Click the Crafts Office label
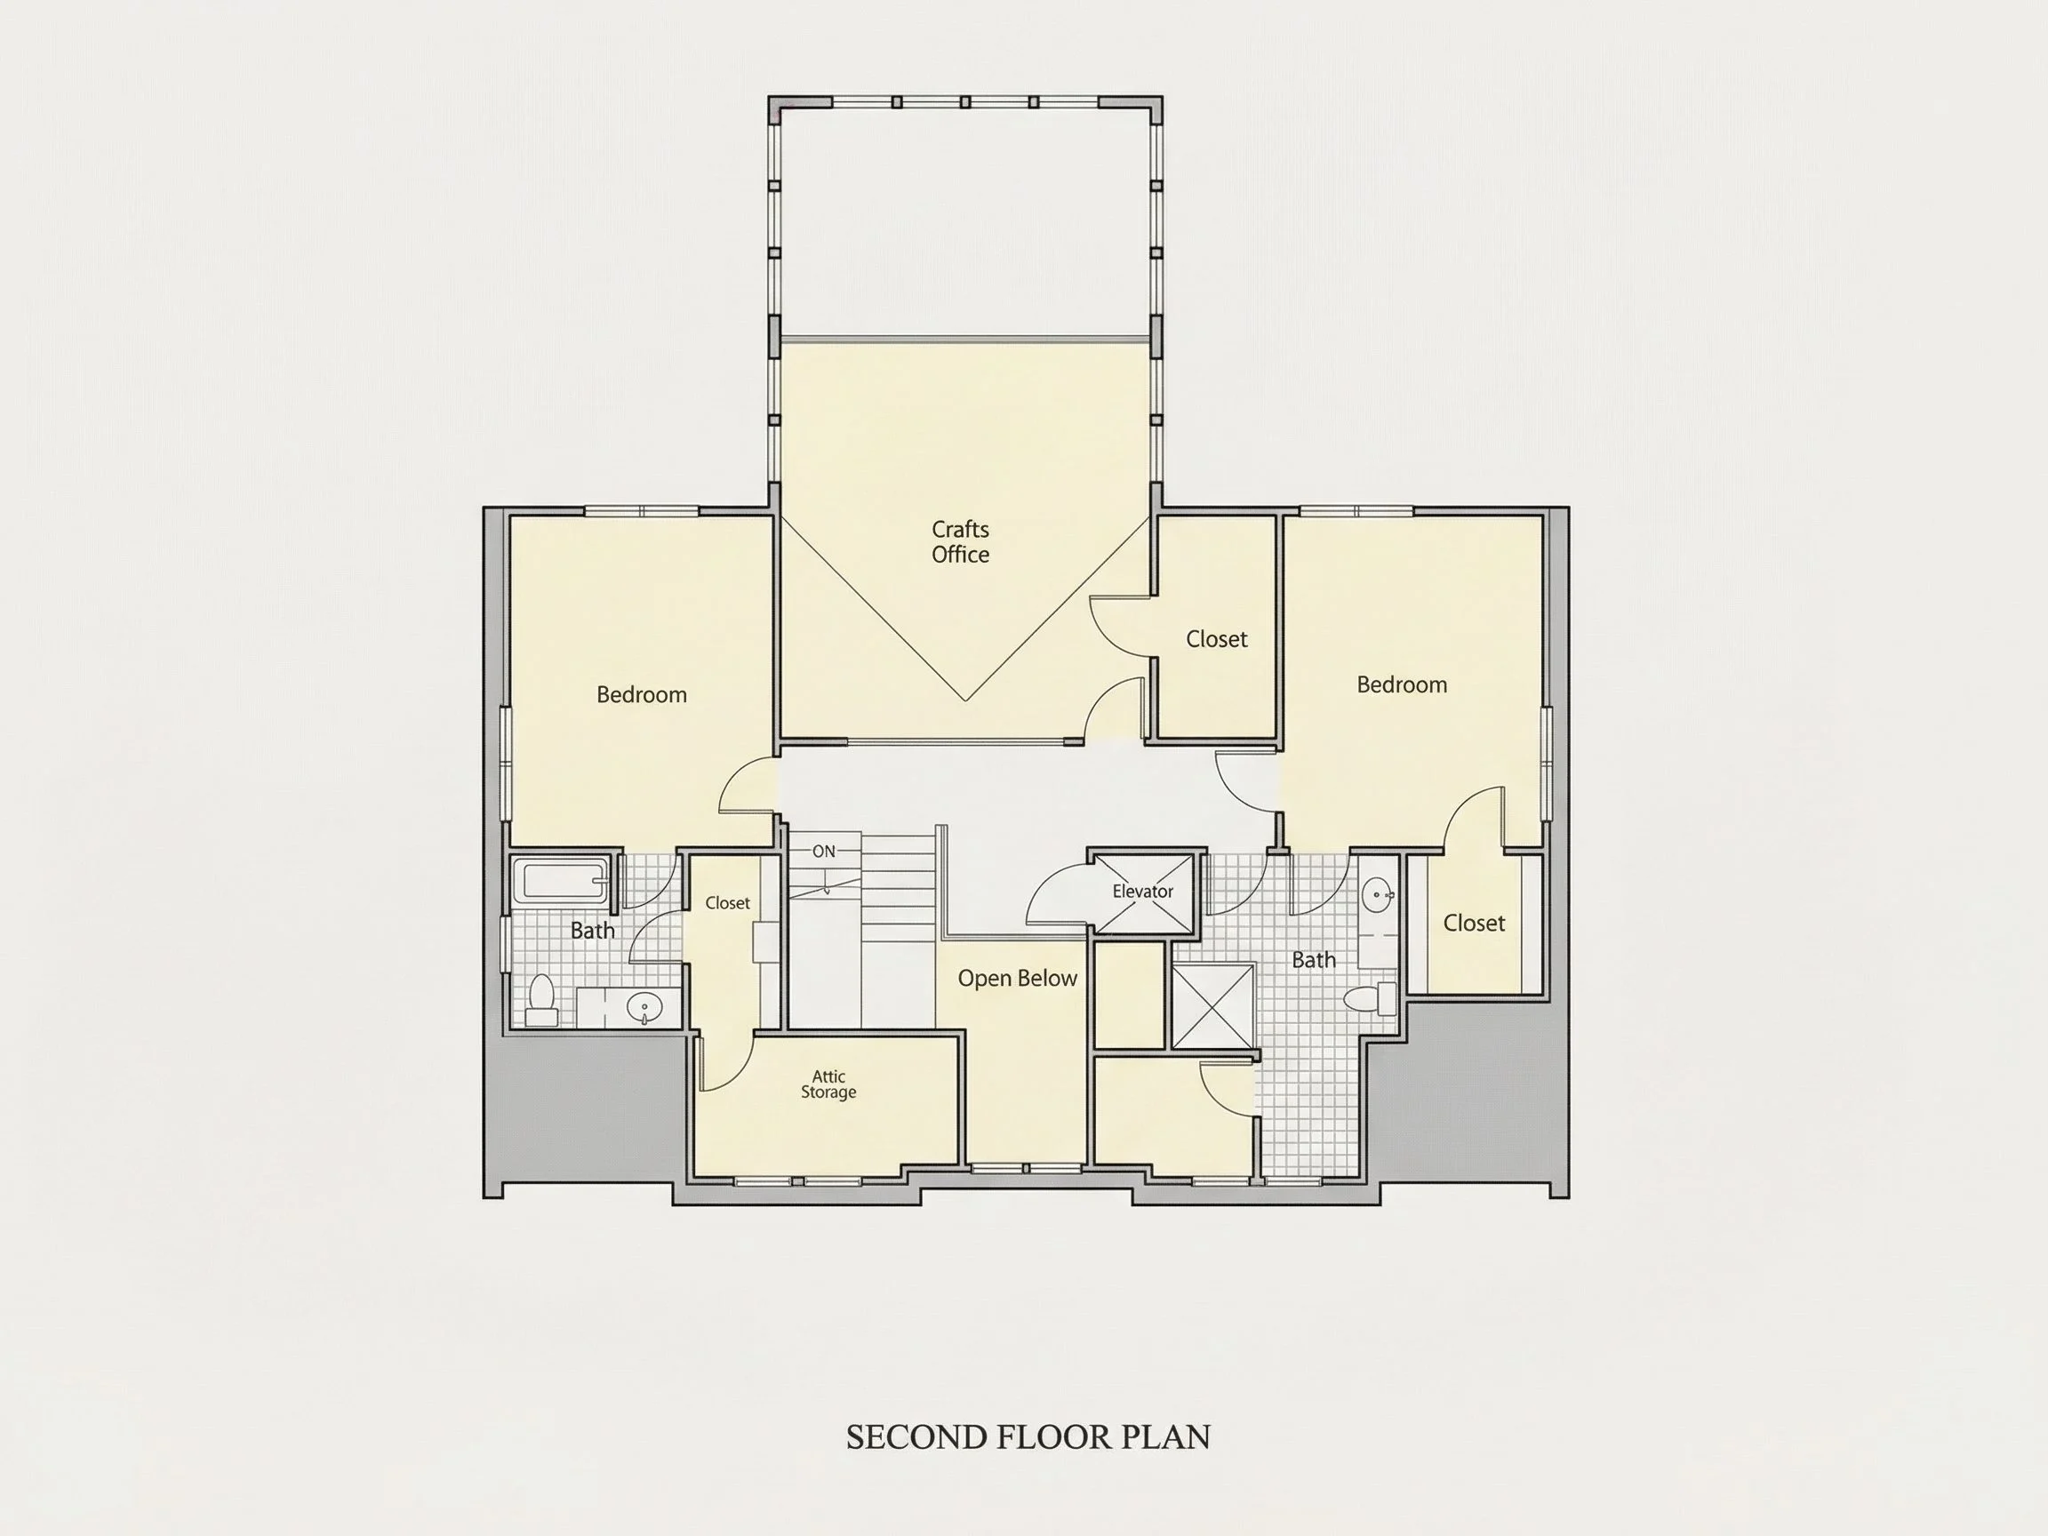tap(960, 541)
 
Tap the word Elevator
tap(1142, 892)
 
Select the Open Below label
tap(1018, 979)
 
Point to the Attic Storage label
tap(828, 1084)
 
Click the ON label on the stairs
tap(824, 852)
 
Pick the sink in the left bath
tap(644, 1005)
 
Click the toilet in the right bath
tap(1371, 999)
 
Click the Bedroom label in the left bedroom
tap(642, 694)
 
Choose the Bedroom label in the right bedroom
tap(1402, 684)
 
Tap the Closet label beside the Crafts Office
tap(1217, 639)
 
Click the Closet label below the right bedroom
tap(1474, 923)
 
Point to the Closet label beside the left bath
tap(728, 903)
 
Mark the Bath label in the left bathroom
tap(593, 931)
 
